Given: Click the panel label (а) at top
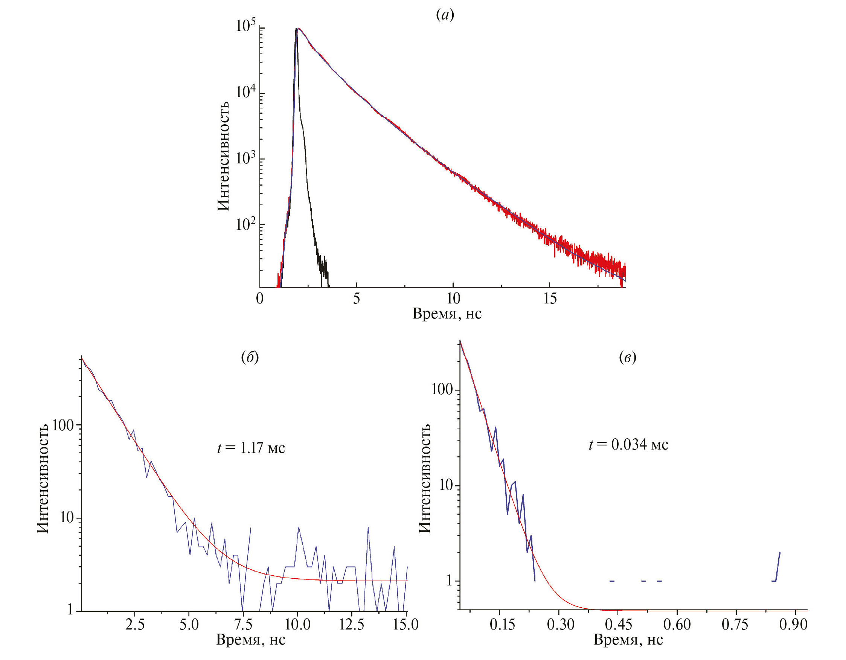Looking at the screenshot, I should (445, 15).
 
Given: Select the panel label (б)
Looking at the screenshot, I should (250, 357).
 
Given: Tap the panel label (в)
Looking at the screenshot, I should (628, 357).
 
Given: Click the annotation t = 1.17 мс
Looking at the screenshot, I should (251, 448).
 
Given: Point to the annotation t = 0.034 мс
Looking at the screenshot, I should (628, 444).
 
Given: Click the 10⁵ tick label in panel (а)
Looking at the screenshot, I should (245, 26).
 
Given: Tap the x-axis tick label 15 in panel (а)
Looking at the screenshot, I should (550, 298).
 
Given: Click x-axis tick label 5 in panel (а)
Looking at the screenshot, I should (356, 298).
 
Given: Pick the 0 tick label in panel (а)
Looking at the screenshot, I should (259, 298).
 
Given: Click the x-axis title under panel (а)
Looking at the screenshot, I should (447, 313).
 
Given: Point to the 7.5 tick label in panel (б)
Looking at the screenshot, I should (243, 624).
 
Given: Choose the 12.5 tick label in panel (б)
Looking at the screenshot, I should (352, 624).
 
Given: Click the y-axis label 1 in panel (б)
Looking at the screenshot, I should (70, 610).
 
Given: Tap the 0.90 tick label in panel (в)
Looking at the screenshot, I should (793, 624).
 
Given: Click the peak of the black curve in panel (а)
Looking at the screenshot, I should (296, 29).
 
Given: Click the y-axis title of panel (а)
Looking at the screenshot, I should (223, 156).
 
